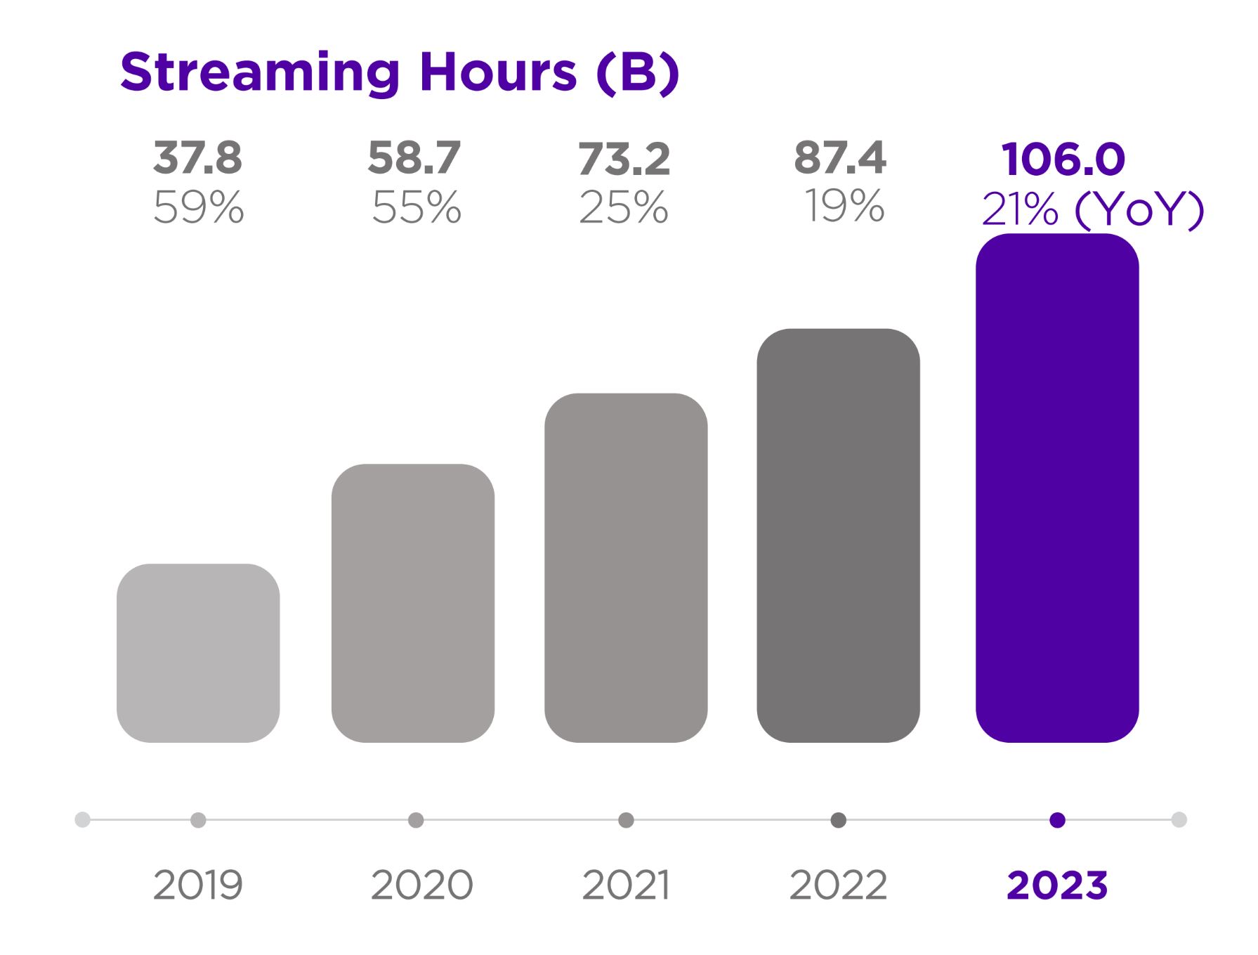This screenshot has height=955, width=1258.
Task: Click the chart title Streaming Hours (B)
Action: [400, 72]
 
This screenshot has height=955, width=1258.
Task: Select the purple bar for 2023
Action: [1056, 488]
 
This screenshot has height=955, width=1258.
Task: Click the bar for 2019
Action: [198, 653]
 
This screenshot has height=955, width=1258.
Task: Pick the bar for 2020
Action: [413, 603]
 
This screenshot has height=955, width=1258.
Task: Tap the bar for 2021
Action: [626, 568]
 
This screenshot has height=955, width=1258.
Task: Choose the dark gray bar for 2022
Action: [838, 535]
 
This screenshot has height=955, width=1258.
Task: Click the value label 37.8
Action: [198, 158]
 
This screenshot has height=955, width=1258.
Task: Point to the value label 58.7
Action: [414, 158]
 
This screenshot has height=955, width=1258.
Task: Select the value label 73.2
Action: [624, 160]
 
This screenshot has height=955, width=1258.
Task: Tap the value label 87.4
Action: [840, 158]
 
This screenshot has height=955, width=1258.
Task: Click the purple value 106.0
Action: [1063, 160]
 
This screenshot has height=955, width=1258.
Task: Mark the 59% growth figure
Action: [199, 208]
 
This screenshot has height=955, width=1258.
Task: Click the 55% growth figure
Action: [417, 208]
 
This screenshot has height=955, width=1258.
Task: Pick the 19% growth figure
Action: [844, 207]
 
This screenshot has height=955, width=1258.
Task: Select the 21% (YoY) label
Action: [1093, 209]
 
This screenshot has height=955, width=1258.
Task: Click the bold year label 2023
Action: [1057, 885]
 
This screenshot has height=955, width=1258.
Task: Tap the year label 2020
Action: [421, 885]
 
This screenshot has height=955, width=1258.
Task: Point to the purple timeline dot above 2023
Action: [1057, 820]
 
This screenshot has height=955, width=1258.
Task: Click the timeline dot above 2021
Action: [626, 820]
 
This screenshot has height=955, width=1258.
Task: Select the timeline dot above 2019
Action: [198, 820]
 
